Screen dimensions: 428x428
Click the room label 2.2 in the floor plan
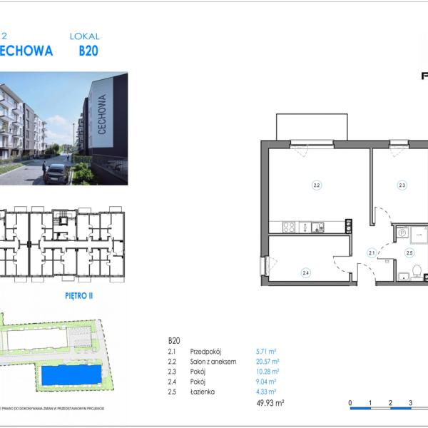click(x=317, y=185)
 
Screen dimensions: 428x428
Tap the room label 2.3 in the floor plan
click(x=402, y=185)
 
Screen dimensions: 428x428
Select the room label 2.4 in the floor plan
click(x=305, y=272)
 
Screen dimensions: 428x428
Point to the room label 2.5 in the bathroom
click(x=409, y=253)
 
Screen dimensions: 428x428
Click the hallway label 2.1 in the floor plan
click(x=372, y=252)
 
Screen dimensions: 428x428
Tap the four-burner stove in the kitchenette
click(x=289, y=228)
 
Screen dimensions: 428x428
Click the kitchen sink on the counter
click(x=317, y=228)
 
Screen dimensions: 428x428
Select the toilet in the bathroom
click(x=419, y=272)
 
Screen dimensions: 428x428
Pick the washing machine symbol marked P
click(x=402, y=232)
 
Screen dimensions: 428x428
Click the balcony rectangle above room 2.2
click(x=312, y=126)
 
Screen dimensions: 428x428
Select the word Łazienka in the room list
click(x=203, y=392)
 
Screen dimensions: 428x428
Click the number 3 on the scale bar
click(x=411, y=403)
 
